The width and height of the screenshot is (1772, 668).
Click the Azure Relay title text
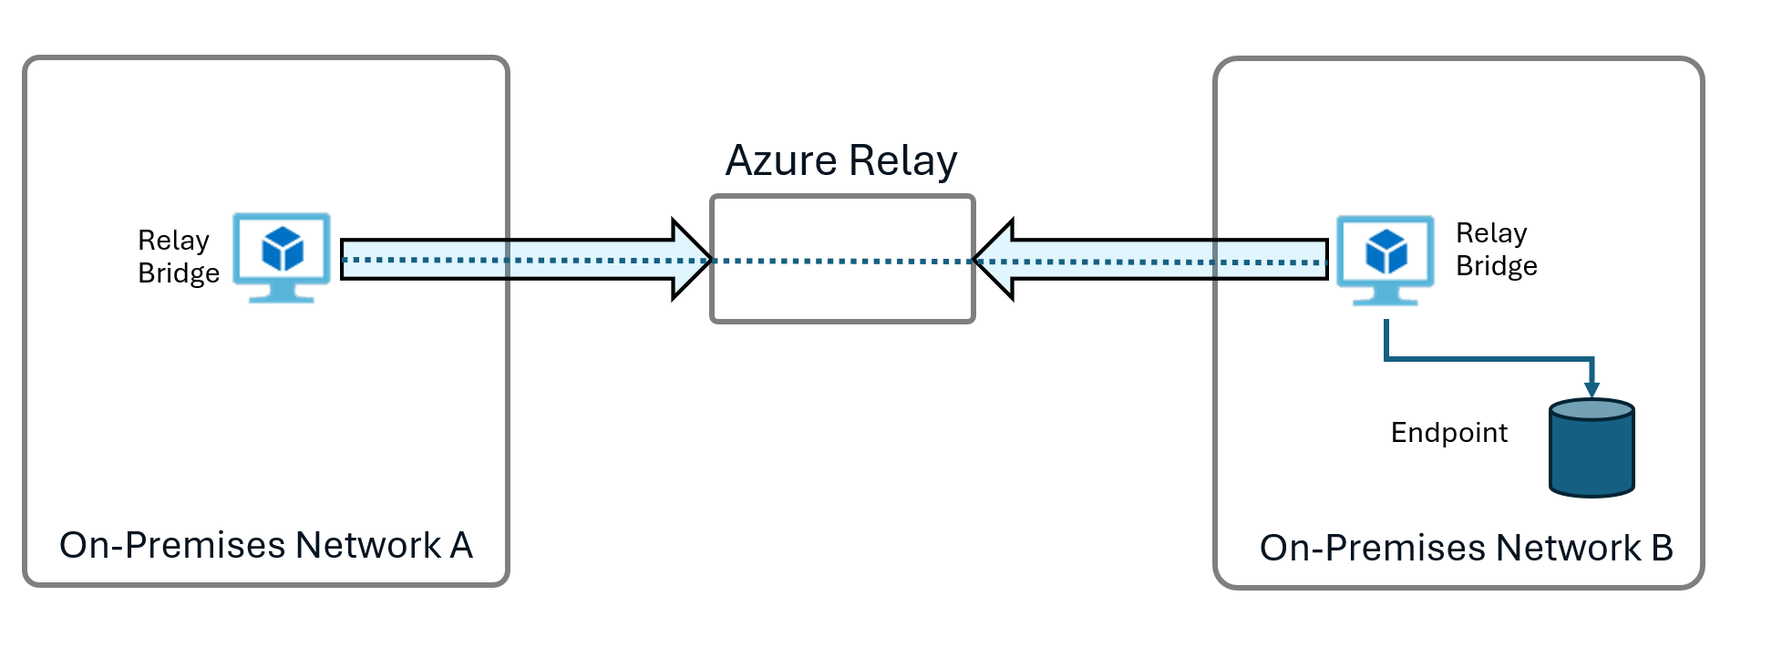(840, 161)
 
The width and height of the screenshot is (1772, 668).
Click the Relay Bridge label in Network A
(178, 257)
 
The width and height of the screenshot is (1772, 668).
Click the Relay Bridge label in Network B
(1496, 250)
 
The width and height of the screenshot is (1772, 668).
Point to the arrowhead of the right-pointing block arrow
(692, 260)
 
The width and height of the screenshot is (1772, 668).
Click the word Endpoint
(1448, 433)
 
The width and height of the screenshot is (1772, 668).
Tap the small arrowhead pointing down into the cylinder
(1592, 389)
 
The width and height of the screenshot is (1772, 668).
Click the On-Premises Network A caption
(265, 545)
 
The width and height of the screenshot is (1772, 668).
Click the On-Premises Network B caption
(1466, 548)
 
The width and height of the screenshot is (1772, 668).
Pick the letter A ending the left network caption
(460, 545)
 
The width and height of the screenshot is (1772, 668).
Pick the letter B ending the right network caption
(1661, 548)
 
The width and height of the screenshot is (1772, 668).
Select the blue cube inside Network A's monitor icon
(282, 249)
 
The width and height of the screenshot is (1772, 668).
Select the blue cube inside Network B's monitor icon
(1386, 252)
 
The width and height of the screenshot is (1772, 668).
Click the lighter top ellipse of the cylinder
(1592, 410)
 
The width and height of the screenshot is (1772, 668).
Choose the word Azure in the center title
(781, 161)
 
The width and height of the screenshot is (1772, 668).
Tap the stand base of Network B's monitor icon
(1385, 300)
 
